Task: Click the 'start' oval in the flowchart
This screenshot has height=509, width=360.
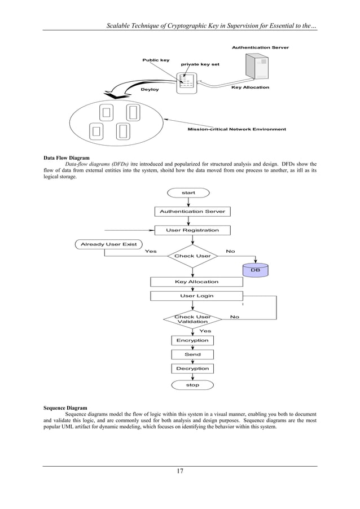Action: pyautogui.click(x=188, y=193)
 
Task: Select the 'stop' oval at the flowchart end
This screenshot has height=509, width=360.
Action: pyautogui.click(x=192, y=385)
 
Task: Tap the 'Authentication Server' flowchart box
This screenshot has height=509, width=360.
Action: pyautogui.click(x=192, y=212)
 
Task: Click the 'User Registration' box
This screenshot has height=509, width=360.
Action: pyautogui.click(x=192, y=230)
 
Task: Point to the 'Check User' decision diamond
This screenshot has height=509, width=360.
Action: pyautogui.click(x=192, y=256)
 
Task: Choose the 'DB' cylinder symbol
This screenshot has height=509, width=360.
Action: pyautogui.click(x=255, y=270)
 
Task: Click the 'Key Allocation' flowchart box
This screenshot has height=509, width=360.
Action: pyautogui.click(x=196, y=282)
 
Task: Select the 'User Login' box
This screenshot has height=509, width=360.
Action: pyautogui.click(x=196, y=296)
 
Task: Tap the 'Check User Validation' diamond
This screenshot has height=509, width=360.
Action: pyautogui.click(x=192, y=319)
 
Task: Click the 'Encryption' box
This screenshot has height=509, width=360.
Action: pyautogui.click(x=192, y=340)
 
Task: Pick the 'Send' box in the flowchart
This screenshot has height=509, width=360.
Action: pyautogui.click(x=192, y=354)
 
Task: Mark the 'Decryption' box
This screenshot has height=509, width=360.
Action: pyautogui.click(x=192, y=368)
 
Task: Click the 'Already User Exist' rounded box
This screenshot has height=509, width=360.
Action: pyautogui.click(x=108, y=244)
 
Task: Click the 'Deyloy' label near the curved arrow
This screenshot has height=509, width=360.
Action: pyautogui.click(x=150, y=90)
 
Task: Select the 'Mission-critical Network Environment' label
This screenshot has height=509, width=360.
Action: pyautogui.click(x=236, y=129)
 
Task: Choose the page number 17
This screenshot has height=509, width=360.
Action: pyautogui.click(x=180, y=471)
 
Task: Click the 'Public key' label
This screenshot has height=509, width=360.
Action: pyautogui.click(x=155, y=60)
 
